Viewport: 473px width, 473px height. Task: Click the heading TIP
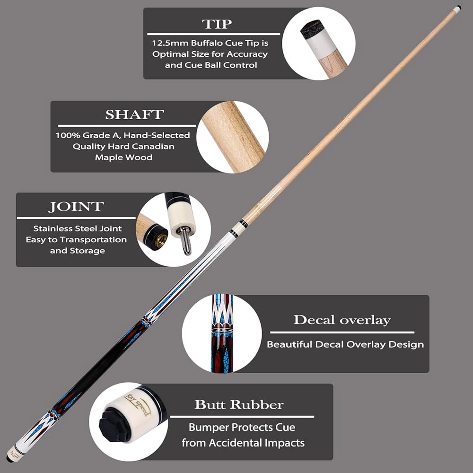(217, 24)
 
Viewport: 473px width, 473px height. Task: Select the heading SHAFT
(134, 114)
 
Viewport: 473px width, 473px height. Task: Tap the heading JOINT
(76, 207)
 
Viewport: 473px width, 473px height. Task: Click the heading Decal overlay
(342, 320)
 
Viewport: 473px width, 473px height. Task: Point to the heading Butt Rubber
(239, 404)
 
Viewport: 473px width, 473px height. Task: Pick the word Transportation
(93, 240)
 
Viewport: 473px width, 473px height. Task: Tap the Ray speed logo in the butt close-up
(137, 404)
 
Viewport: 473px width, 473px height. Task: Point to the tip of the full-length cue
(458, 8)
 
